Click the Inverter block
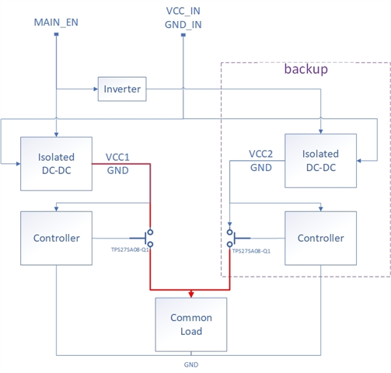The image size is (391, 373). (x=122, y=89)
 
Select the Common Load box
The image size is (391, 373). (x=191, y=325)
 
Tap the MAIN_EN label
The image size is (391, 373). (x=56, y=23)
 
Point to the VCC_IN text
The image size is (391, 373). (x=183, y=11)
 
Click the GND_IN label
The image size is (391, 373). (x=183, y=25)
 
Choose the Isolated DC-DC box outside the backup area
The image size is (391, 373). (x=56, y=164)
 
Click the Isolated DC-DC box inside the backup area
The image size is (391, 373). (x=320, y=161)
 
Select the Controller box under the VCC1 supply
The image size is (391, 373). (x=56, y=238)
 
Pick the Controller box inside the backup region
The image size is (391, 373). (x=320, y=238)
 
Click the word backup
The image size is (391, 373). (x=306, y=69)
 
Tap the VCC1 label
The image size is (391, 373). (x=117, y=157)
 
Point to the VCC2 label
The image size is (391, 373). (x=260, y=154)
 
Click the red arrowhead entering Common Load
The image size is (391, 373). (x=191, y=295)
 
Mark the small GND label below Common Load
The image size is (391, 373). (x=191, y=364)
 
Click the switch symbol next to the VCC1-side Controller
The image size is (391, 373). (x=141, y=238)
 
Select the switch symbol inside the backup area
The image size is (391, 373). (x=239, y=238)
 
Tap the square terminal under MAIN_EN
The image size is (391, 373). (x=56, y=34)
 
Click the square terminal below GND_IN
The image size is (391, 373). (x=183, y=35)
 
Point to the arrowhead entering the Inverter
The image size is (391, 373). (x=96, y=89)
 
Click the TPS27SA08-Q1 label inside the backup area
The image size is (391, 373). (x=251, y=251)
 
